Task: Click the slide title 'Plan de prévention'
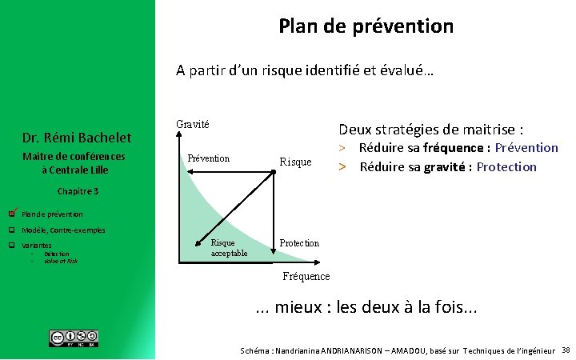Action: point(366,26)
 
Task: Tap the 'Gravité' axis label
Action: point(192,124)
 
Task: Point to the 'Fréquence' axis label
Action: point(306,276)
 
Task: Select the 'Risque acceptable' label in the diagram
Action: point(229,248)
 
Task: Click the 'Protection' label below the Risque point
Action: point(299,243)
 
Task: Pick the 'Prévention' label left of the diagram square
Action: point(208,158)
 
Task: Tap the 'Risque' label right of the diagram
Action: point(295,162)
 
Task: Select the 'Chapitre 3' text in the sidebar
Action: point(78,191)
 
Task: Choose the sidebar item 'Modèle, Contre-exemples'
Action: point(63,230)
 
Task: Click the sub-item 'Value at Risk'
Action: point(61,261)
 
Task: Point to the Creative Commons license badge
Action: point(74,338)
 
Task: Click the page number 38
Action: point(566,350)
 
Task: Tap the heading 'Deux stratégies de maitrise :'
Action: point(431,129)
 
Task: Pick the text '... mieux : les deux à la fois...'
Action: point(366,309)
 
